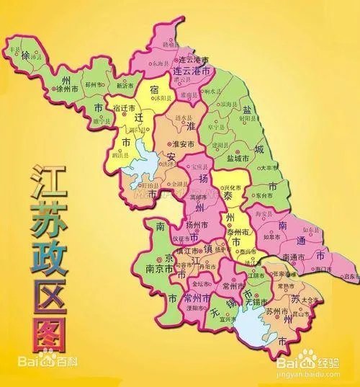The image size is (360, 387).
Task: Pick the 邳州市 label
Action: point(96,85)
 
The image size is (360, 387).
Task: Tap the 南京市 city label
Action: point(159,267)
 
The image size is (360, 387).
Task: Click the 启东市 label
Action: point(351,276)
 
